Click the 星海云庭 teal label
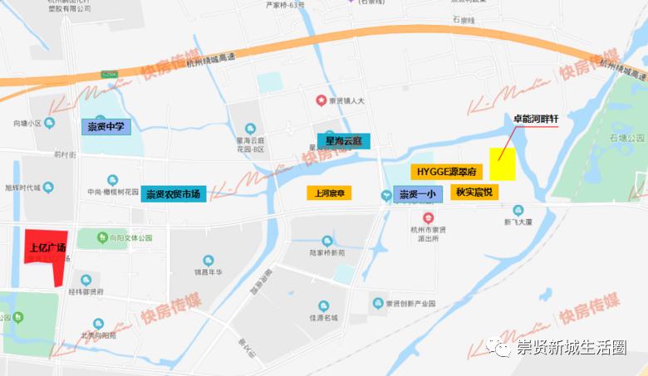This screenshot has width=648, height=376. (x=342, y=141)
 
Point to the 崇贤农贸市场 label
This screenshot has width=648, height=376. (x=173, y=194)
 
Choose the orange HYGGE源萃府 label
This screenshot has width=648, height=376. (x=446, y=172)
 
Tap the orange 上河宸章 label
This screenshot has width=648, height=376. (x=329, y=193)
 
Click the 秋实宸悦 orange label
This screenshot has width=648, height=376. (x=474, y=192)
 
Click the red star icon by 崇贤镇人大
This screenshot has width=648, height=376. (x=321, y=100)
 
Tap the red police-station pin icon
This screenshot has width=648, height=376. (x=428, y=217)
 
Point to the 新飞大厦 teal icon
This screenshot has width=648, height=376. (x=518, y=211)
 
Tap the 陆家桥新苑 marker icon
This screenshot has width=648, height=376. (x=326, y=240)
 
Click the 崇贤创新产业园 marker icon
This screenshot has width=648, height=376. (x=378, y=303)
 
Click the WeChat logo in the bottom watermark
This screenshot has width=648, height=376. (x=501, y=348)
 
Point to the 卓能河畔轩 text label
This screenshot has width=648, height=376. (x=536, y=120)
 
